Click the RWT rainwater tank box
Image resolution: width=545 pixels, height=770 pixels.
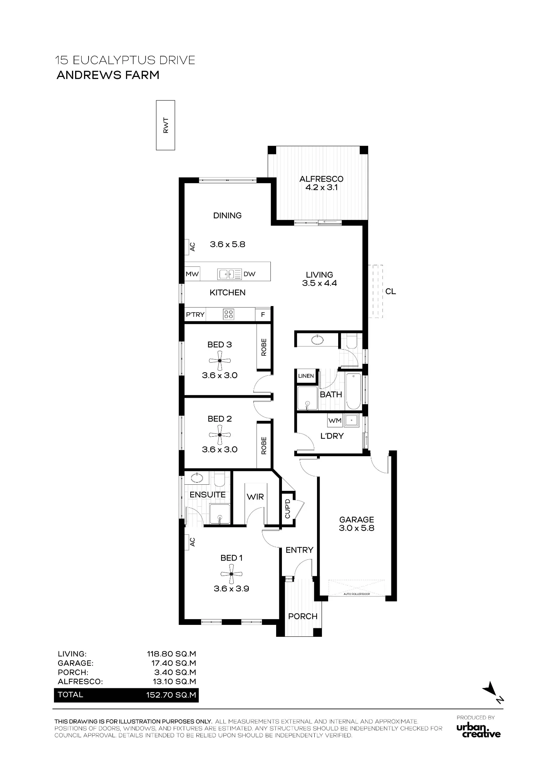pos(165,125)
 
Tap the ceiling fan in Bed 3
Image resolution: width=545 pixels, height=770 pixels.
pos(220,361)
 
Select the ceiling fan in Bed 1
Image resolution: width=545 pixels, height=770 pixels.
pos(231,574)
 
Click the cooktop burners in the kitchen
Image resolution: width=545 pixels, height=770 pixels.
pos(228,314)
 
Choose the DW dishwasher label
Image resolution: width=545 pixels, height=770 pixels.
pos(250,274)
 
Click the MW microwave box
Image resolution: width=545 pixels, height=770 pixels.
pos(192,274)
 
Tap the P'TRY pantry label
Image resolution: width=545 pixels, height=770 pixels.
pos(195,315)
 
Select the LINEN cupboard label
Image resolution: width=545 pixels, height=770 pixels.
pos(306,376)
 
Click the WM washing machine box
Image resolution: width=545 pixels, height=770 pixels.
pos(335,421)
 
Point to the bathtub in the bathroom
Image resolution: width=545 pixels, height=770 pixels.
pos(354,391)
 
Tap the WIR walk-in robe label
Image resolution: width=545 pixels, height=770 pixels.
pos(255,497)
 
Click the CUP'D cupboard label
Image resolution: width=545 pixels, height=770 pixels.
pos(287,508)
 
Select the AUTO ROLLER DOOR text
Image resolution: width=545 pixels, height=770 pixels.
pos(356,594)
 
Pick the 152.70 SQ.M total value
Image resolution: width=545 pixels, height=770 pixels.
pos(171,695)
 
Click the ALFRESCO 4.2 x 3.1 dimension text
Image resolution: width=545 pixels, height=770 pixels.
pos(321,187)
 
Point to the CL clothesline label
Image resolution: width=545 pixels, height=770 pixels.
pos(391,291)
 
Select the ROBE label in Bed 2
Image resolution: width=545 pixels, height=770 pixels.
pos(264,445)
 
